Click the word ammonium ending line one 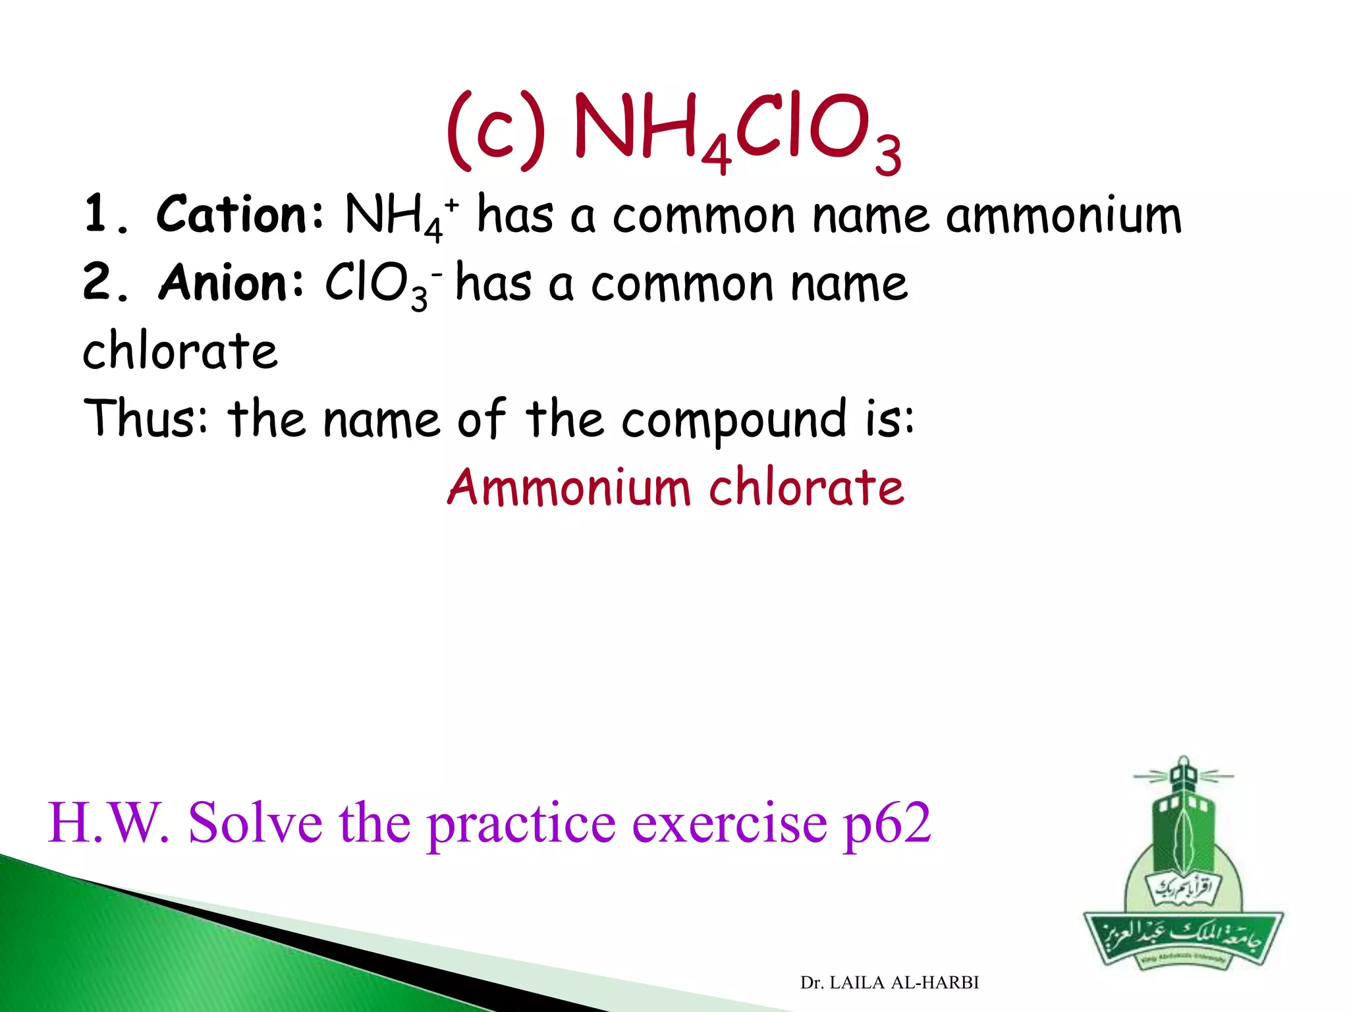point(1063,215)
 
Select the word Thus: point(146,418)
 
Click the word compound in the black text point(733,420)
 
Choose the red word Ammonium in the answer point(569,487)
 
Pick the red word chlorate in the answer point(806,487)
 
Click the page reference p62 point(887,824)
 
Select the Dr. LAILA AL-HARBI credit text point(889,982)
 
